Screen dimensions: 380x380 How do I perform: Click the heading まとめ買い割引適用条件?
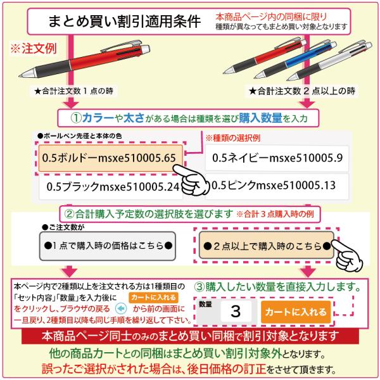pos(125,22)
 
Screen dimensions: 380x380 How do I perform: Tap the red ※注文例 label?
pos(34,49)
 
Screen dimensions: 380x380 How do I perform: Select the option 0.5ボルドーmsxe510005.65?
pos(110,158)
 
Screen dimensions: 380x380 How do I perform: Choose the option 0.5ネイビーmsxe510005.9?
pos(277,158)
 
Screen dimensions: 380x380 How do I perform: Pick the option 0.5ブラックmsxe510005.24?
pos(110,187)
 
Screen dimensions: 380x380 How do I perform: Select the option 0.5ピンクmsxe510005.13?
pos(277,186)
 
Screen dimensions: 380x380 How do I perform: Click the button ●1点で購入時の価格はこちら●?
pos(108,246)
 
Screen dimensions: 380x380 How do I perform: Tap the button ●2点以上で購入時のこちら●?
pos(267,245)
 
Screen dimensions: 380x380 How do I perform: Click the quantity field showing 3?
pos(236,311)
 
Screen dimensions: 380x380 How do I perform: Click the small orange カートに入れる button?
pos(153,298)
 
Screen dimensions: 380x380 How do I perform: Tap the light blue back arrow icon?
pos(121,309)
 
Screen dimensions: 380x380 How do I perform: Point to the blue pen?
pos(295,60)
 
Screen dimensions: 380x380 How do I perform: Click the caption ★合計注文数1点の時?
pos(73,91)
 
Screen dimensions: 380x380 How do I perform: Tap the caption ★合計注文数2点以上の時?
pos(301,91)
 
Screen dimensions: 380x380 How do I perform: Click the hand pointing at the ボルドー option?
pos(191,180)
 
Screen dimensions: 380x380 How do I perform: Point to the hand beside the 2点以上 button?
pos(347,255)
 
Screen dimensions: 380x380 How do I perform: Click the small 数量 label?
pos(205,304)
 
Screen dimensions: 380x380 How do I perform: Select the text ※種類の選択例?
pos(233,138)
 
